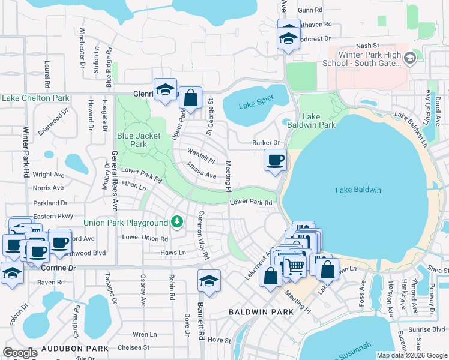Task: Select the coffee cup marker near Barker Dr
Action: [276, 160]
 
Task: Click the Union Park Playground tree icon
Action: [176, 223]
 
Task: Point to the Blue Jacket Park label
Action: [139, 140]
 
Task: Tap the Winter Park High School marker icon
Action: [411, 58]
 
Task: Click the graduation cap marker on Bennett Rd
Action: [208, 280]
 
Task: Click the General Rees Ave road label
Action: [114, 181]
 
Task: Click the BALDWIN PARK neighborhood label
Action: [262, 312]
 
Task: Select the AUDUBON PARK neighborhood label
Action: [79, 348]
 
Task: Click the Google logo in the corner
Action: [20, 353]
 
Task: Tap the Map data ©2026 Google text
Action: [412, 355]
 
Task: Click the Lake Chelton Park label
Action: [35, 98]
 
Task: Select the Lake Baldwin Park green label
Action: [319, 121]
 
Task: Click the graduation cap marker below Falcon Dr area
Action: [12, 273]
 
